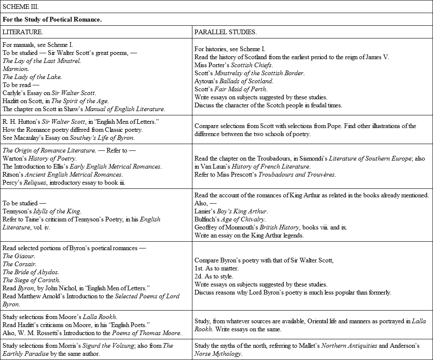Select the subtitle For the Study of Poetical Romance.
click(x=52, y=19)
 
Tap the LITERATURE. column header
click(x=22, y=32)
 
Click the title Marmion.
click(x=16, y=69)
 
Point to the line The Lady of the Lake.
click(x=32, y=77)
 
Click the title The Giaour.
click(x=19, y=256)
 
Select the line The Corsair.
click(x=19, y=264)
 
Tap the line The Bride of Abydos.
click(x=31, y=272)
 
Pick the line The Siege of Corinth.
click(x=31, y=280)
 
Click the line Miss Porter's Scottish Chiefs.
click(x=233, y=65)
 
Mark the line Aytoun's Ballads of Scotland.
click(x=234, y=81)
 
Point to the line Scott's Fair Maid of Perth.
click(x=231, y=89)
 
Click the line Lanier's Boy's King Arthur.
click(x=231, y=211)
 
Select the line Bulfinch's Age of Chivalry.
click(x=230, y=219)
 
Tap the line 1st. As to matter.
click(x=216, y=268)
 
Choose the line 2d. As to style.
click(x=213, y=276)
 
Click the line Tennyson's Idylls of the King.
click(x=42, y=211)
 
